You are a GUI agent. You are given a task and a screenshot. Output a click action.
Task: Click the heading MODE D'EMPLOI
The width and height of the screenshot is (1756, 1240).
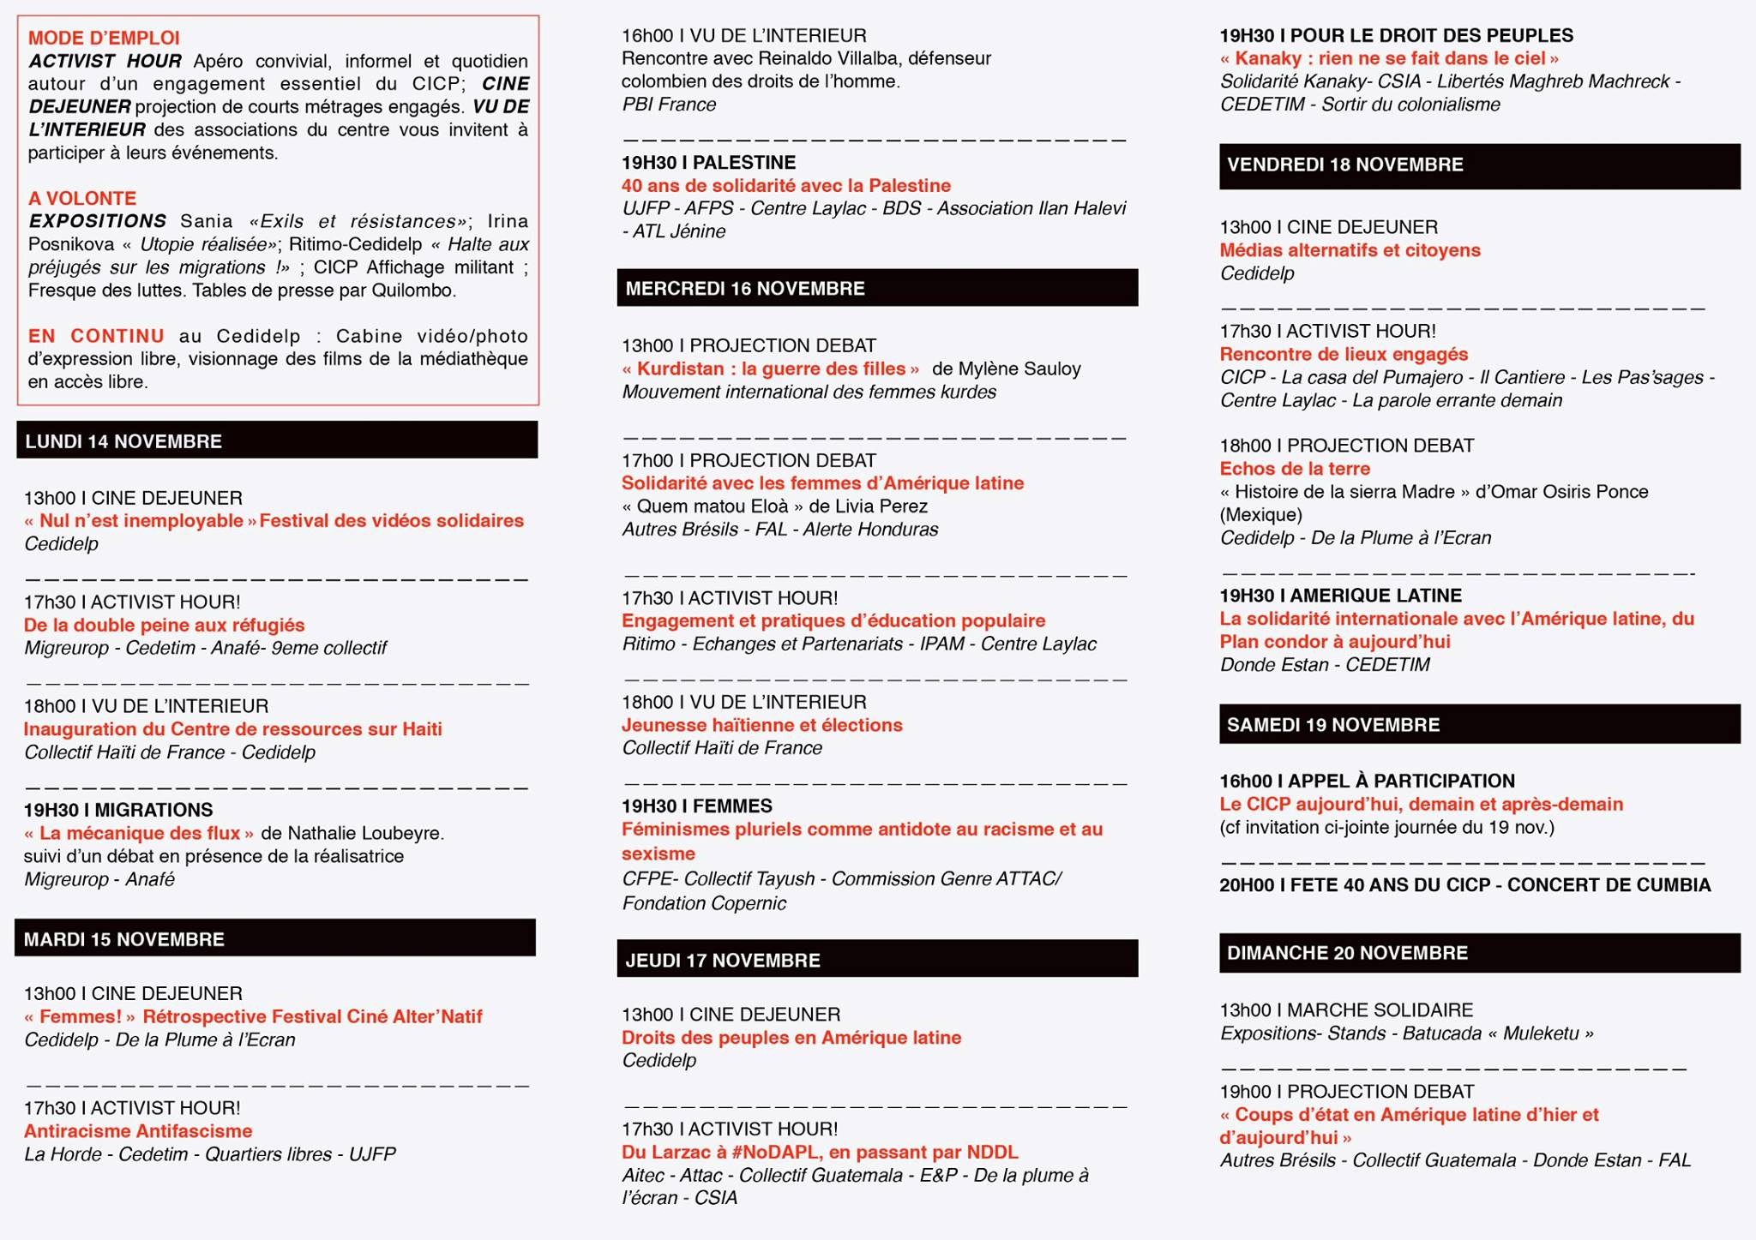coord(104,38)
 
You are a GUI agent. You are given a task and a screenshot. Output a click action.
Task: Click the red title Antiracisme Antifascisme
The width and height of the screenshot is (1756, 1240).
coord(138,1131)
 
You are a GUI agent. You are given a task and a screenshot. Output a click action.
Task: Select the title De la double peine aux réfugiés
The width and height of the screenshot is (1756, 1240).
coord(164,626)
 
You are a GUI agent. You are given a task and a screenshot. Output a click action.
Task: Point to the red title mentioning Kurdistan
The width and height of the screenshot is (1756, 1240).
coord(770,369)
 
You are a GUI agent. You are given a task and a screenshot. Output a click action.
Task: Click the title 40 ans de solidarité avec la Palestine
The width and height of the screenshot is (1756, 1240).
coord(785,186)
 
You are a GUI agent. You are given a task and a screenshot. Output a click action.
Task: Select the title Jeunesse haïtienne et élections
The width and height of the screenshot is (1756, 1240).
coord(761,726)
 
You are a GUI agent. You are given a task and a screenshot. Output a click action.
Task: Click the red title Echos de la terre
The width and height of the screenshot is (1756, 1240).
coord(1295,469)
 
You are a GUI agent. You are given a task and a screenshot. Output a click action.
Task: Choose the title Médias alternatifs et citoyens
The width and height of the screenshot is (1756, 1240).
coord(1350,250)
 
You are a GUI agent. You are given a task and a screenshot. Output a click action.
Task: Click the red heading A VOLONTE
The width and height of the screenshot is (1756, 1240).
coord(82,198)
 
